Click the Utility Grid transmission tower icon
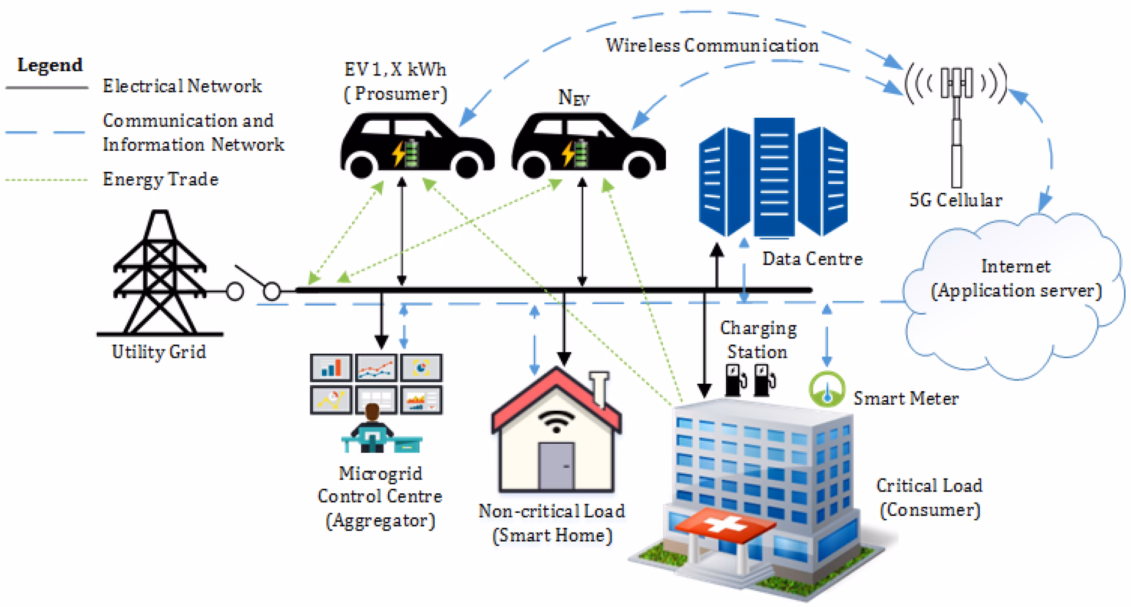159,274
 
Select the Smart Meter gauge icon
827,390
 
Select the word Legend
50,65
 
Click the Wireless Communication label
712,45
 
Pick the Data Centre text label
812,259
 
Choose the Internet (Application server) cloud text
1016,279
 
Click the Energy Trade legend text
160,179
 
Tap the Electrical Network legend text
182,86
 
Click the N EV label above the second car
573,97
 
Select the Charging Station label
758,340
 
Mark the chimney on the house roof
599,389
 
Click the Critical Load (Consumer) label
929,497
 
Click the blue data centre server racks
772,177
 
